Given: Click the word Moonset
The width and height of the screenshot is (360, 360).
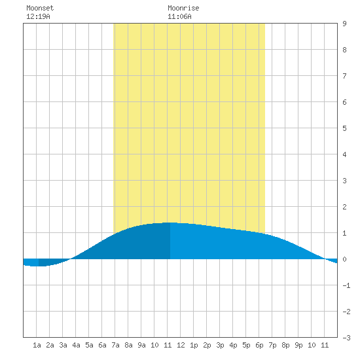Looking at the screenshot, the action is pos(40,8).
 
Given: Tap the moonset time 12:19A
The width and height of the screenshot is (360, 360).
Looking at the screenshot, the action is pos(38,16).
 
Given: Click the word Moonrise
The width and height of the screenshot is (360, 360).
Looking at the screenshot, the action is pos(183,8).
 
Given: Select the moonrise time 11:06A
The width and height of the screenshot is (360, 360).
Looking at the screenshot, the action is pos(179,16).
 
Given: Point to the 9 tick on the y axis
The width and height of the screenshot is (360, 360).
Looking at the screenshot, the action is pos(344,24).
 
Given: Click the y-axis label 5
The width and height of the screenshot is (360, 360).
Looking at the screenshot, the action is pos(344,128).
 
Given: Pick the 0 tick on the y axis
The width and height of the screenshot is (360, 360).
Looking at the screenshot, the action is pos(344,259).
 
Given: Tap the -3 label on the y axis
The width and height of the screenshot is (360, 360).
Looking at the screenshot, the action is pos(346,338).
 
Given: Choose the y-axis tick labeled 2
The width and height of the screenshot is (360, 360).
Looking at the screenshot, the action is pos(344,207).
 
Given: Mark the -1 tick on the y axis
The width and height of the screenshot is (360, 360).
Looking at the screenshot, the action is pos(346,285).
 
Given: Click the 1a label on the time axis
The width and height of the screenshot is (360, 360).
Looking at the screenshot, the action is pos(37,345).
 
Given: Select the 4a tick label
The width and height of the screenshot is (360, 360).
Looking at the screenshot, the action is pos(76,345).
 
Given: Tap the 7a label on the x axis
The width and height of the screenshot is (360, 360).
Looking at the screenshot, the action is pos(115,345).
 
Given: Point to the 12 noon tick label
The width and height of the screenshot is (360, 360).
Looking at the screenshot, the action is pos(181,345).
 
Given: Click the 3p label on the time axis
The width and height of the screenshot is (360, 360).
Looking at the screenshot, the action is pos(220,345).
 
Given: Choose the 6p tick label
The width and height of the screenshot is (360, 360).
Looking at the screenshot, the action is pos(259,345).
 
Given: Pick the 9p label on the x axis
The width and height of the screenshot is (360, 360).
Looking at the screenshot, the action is pos(298,345).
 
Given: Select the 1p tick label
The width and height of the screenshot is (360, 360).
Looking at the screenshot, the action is pos(194,345).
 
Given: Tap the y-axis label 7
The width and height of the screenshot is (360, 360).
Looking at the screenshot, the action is pos(344,76).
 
